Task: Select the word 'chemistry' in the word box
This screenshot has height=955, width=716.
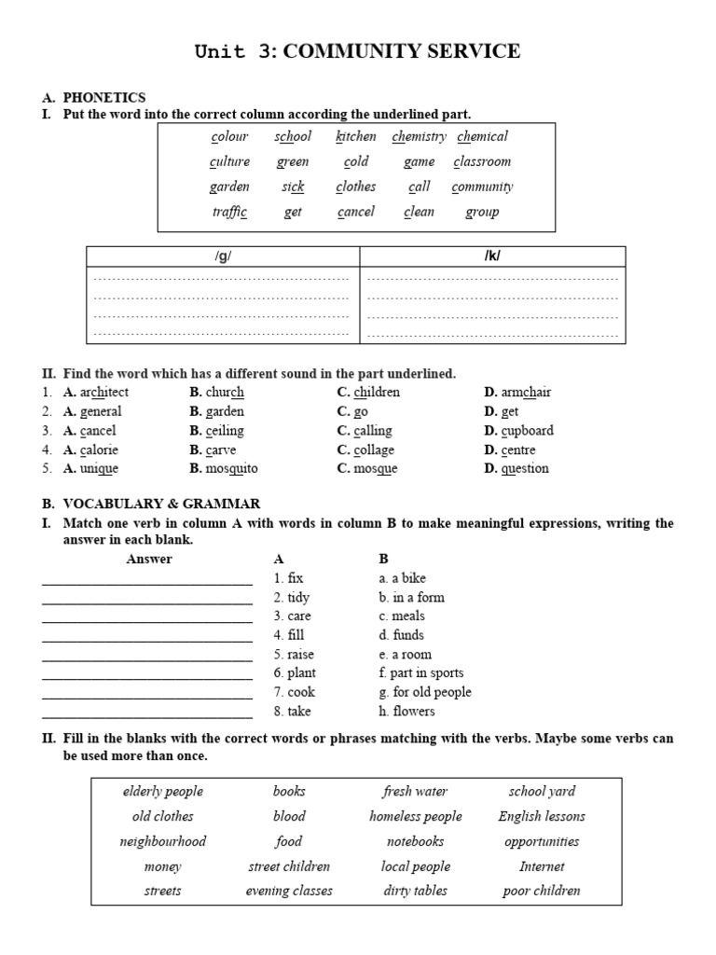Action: click(419, 136)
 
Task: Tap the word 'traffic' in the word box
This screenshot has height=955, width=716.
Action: click(229, 212)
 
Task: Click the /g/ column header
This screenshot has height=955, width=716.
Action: click(223, 256)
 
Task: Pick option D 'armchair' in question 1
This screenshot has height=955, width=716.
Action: click(525, 393)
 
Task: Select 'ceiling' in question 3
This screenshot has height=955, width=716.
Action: click(225, 431)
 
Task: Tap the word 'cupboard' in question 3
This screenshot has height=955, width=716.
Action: click(527, 431)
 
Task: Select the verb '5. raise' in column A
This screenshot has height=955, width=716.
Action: click(294, 654)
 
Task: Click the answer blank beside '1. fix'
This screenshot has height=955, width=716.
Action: click(146, 579)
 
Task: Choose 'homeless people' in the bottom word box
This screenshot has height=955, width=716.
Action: click(416, 816)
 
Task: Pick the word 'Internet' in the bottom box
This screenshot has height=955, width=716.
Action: click(542, 866)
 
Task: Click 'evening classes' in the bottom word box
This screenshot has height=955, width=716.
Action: click(289, 891)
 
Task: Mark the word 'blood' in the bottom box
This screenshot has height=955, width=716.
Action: click(289, 816)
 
